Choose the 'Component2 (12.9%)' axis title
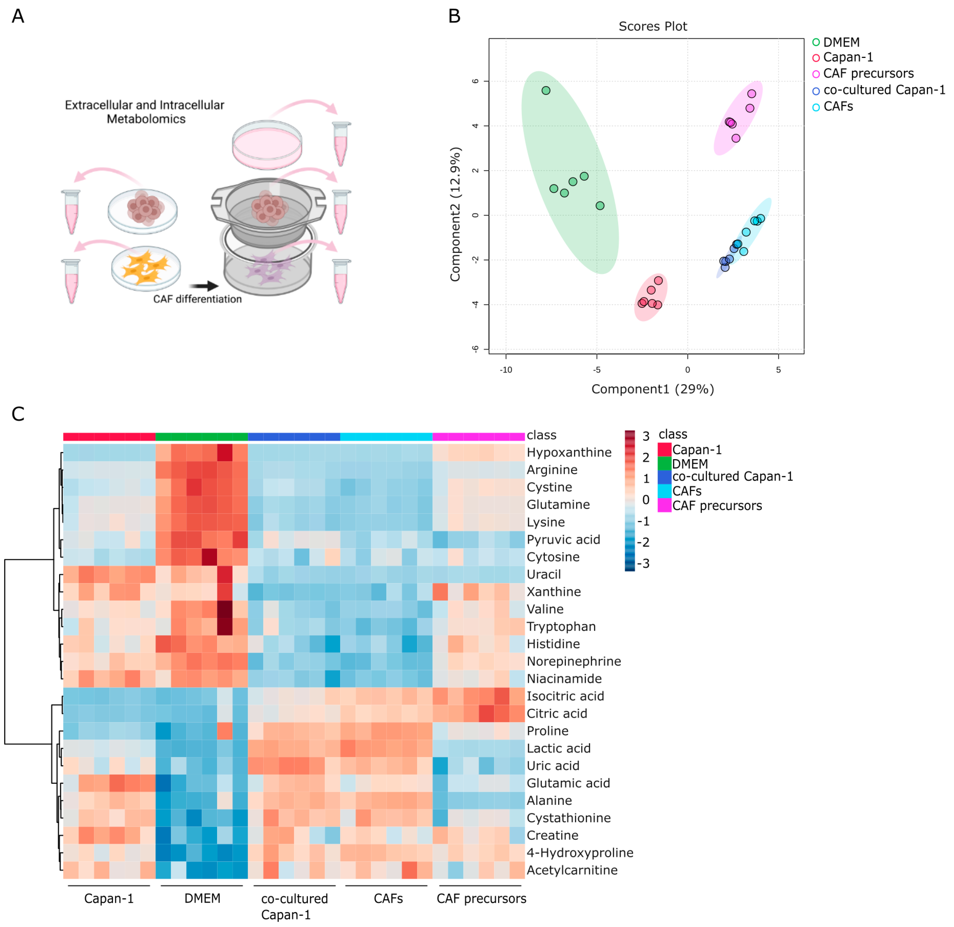(455, 214)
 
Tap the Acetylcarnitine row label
(572, 870)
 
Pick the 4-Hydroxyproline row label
(580, 852)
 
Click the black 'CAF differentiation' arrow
(203, 286)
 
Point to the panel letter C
(18, 414)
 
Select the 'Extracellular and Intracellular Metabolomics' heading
(145, 112)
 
